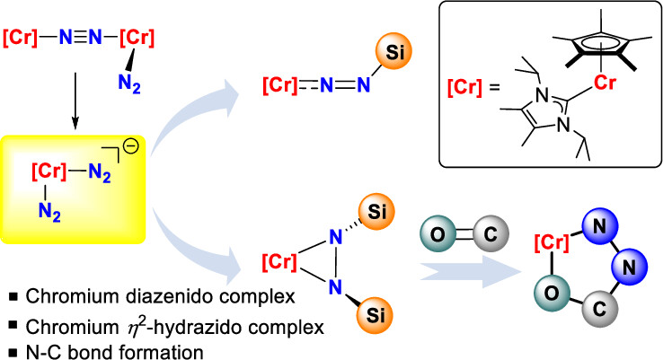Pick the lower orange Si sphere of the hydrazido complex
point(396,317)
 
